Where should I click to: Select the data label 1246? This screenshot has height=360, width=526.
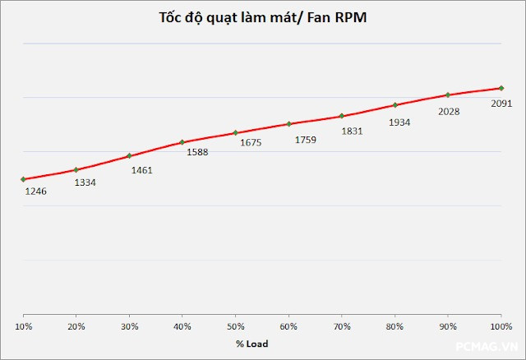35,192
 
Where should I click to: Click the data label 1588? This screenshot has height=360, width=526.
197,152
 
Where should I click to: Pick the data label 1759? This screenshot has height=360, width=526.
306,139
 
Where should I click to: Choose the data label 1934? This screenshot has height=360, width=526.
399,122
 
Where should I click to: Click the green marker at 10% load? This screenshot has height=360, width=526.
23,179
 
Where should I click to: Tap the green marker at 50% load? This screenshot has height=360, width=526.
235,132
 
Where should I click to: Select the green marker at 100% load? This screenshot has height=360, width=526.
501,88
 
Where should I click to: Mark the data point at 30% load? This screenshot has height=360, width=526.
129,155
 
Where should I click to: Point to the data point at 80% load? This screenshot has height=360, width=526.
394,105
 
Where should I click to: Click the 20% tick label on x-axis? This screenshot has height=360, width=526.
76,326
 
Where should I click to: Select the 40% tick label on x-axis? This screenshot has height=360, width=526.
182,326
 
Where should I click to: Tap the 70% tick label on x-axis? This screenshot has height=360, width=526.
341,326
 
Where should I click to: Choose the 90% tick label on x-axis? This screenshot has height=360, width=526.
447,326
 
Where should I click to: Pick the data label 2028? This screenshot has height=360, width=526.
449,112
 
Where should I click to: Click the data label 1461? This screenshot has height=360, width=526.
141,170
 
